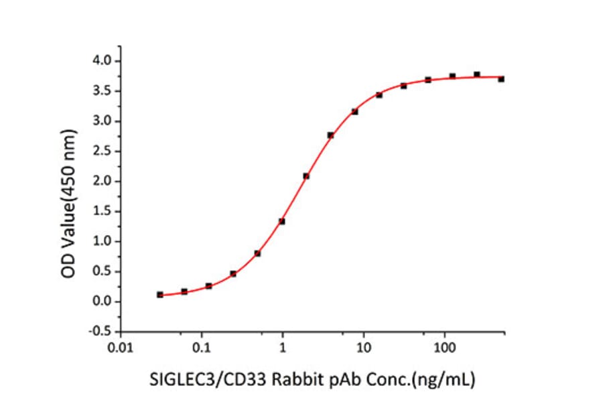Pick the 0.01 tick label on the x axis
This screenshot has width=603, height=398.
(x=120, y=348)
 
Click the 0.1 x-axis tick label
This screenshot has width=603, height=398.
(x=201, y=348)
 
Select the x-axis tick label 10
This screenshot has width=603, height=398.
(x=363, y=348)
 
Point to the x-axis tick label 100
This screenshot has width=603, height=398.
(x=444, y=348)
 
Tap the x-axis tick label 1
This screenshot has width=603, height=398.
(x=283, y=348)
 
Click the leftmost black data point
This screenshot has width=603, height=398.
(x=159, y=295)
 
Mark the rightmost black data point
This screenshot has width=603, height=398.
(x=501, y=79)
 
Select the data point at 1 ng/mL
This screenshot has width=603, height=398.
(x=282, y=221)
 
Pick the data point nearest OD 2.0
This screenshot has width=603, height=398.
(x=306, y=176)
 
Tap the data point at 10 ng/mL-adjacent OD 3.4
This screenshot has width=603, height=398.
(x=379, y=95)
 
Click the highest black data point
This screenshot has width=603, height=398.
(x=476, y=74)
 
